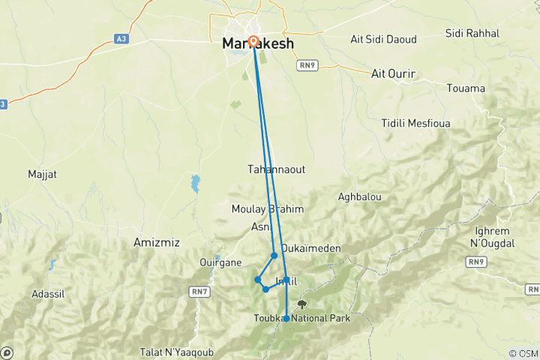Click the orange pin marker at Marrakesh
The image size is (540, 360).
click(x=253, y=42)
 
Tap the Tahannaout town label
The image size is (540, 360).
click(x=276, y=169)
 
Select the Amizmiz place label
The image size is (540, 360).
click(x=153, y=243)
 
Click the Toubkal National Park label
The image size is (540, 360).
click(x=302, y=318)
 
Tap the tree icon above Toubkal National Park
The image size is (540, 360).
click(x=302, y=304)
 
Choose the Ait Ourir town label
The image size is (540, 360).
click(x=394, y=73)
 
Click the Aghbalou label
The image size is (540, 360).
click(x=360, y=196)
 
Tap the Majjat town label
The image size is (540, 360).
click(x=42, y=174)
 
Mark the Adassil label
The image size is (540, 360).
click(x=48, y=294)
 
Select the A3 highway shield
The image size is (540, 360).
click(x=121, y=38)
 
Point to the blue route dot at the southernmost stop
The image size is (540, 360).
click(x=286, y=319)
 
